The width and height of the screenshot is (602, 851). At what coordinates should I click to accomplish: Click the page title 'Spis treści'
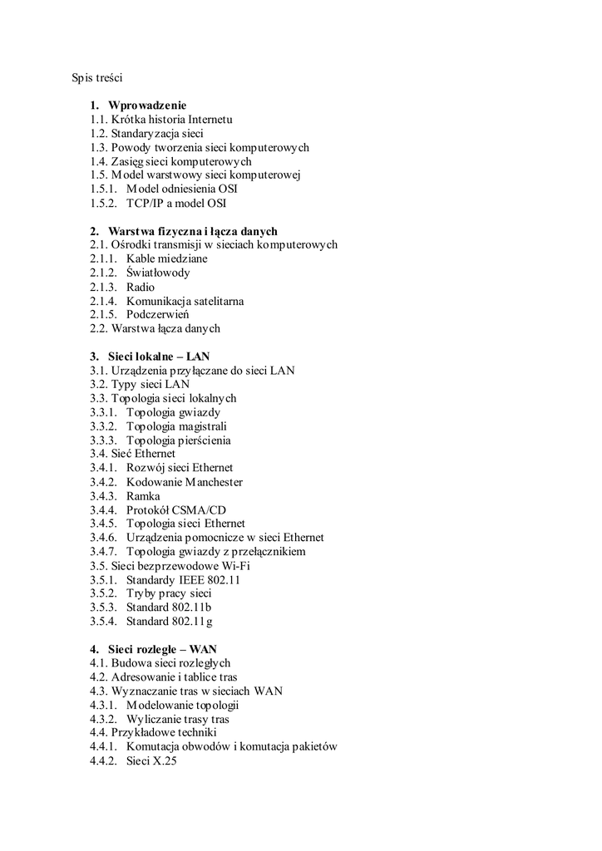[96, 78]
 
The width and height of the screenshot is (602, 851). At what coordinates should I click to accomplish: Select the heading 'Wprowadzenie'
[147, 106]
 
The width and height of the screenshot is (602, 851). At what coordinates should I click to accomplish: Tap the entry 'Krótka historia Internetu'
[171, 120]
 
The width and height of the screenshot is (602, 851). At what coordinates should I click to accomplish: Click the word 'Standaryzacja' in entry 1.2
[144, 133]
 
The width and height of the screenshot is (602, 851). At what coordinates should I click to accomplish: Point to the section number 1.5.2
[104, 203]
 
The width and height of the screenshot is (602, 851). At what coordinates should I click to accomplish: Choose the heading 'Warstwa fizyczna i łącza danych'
[192, 231]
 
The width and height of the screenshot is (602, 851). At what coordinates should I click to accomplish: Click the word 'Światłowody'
[158, 273]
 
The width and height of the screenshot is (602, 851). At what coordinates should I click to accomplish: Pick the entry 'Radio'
[141, 287]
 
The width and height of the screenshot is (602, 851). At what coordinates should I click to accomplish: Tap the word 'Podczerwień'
[158, 315]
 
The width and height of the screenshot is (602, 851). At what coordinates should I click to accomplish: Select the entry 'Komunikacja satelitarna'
[185, 301]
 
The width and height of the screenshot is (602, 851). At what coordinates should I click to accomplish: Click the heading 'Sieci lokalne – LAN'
[159, 357]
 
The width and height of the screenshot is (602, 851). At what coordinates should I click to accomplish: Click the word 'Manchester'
[214, 482]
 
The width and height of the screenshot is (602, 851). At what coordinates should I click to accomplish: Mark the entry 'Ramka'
[143, 496]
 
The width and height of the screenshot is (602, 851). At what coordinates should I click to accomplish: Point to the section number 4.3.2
[104, 719]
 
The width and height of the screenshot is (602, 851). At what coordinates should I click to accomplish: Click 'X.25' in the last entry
[165, 760]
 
